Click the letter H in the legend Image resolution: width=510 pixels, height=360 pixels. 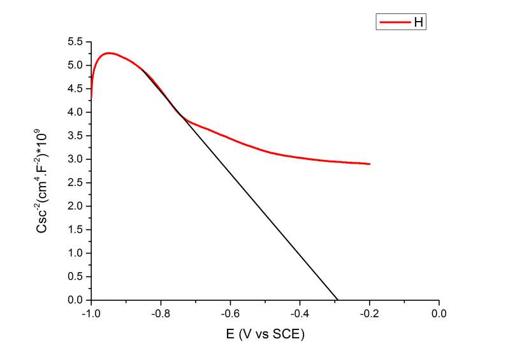click(419, 22)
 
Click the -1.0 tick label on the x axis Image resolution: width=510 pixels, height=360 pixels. click(90, 314)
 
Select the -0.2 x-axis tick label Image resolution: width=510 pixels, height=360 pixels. click(368, 314)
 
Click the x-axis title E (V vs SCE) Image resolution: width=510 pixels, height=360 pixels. click(265, 335)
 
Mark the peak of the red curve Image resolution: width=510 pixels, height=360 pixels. click(110, 53)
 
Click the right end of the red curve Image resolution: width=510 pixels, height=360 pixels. click(369, 164)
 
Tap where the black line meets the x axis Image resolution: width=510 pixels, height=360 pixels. click(337, 299)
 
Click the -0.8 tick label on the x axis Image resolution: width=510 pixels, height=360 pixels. click(160, 314)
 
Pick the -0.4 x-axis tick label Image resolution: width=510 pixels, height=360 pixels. click(299, 314)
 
